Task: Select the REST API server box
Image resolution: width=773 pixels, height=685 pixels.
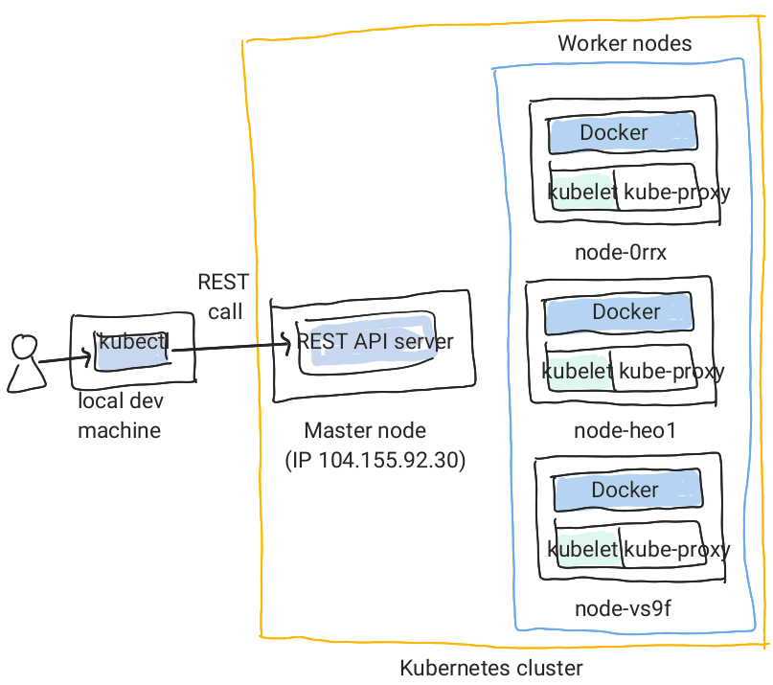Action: coord(374,342)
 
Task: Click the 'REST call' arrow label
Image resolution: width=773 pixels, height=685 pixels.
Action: coord(222,297)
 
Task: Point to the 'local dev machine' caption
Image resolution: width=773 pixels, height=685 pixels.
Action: coord(119,417)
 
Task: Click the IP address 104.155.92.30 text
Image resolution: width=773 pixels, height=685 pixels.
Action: coord(375,461)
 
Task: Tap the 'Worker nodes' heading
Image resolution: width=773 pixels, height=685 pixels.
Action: coord(625,44)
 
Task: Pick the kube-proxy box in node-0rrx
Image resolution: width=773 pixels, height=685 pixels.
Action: coord(676,192)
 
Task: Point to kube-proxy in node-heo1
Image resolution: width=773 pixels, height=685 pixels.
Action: coord(671,371)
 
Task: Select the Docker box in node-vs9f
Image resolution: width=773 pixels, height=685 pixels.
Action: coord(625,491)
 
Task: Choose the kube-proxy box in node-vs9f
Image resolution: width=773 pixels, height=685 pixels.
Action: coord(676,549)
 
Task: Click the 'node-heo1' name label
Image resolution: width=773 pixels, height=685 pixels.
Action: coord(625,430)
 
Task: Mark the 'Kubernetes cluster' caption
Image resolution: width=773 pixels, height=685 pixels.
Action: coord(490,668)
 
